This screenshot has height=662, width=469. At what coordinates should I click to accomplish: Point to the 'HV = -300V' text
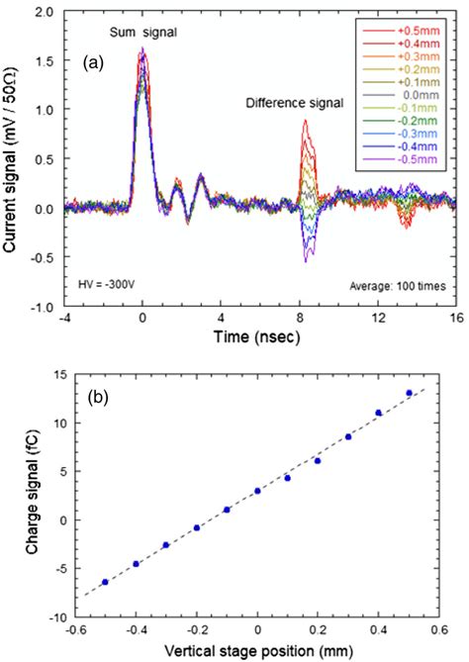coord(101,284)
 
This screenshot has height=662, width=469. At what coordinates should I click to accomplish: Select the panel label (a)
coord(95,61)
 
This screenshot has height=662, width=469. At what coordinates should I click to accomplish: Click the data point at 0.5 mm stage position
coord(409,393)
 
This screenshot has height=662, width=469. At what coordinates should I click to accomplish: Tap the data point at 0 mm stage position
coord(257,491)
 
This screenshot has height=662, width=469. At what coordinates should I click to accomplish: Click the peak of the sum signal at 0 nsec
coord(143,51)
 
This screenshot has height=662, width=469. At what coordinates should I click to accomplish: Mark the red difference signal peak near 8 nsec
coord(307,122)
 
